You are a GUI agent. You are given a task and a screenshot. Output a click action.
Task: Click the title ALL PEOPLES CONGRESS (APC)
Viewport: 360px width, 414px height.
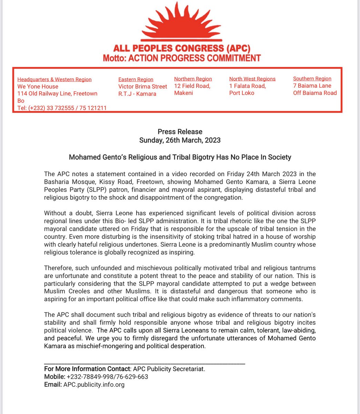pyautogui.click(x=181, y=48)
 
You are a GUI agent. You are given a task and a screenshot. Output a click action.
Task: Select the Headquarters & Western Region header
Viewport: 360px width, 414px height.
pyautogui.click(x=54, y=79)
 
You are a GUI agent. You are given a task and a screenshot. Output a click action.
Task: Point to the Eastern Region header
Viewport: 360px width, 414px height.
pyautogui.click(x=136, y=79)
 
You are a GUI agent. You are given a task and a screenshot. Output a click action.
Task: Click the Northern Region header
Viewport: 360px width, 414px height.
pyautogui.click(x=193, y=79)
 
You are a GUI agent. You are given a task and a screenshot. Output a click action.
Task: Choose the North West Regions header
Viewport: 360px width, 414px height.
pyautogui.click(x=252, y=79)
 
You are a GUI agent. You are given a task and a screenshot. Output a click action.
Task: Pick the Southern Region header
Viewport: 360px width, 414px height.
pyautogui.click(x=312, y=79)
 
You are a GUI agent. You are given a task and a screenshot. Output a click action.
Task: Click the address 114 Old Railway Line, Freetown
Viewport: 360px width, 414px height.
pyautogui.click(x=57, y=93)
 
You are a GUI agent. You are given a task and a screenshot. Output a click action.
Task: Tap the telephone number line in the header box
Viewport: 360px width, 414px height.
pyautogui.click(x=62, y=108)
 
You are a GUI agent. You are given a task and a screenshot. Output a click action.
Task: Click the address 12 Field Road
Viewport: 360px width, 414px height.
pyautogui.click(x=192, y=86)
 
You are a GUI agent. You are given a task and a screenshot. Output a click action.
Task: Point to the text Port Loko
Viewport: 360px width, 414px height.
pyautogui.click(x=241, y=93)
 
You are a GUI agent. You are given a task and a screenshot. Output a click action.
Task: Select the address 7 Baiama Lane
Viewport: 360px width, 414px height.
pyautogui.click(x=312, y=86)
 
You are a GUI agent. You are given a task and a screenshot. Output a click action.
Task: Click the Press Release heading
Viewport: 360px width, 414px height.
pyautogui.click(x=180, y=131)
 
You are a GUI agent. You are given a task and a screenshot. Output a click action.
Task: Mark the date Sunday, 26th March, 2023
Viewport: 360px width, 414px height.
pyautogui.click(x=180, y=140)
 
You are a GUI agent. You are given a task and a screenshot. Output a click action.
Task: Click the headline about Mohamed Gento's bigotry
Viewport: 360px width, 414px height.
pyautogui.click(x=180, y=157)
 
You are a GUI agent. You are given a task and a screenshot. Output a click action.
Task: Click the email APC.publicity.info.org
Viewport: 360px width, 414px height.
pyautogui.click(x=94, y=384)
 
